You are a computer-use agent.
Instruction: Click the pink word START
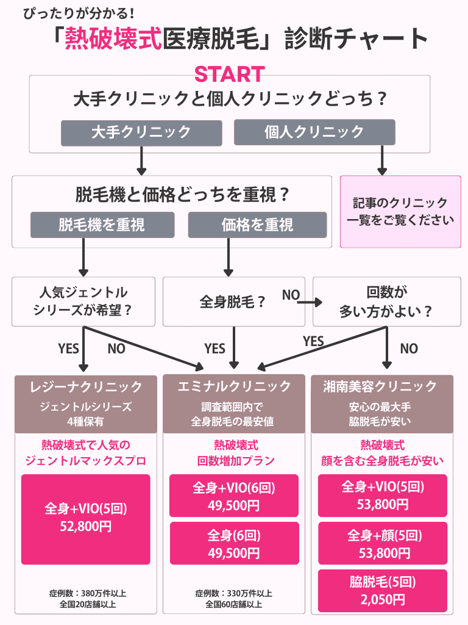(x=229, y=74)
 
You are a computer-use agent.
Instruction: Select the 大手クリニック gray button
(x=141, y=132)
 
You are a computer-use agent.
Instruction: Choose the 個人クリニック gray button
(x=314, y=132)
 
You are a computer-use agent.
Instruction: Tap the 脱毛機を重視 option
(x=102, y=225)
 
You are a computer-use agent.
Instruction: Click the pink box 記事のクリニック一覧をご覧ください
(x=400, y=212)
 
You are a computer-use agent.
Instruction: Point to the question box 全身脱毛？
(x=233, y=302)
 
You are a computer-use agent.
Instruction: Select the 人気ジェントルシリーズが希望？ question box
(x=83, y=302)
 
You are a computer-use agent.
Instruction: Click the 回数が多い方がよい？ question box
(x=386, y=302)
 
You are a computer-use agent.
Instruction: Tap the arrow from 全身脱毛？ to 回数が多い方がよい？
(x=310, y=302)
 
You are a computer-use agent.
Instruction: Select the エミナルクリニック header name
(x=234, y=386)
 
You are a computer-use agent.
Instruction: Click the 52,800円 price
(x=86, y=527)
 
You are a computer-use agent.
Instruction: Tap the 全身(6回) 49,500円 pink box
(x=234, y=543)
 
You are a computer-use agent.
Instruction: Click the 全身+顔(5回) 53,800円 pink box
(x=383, y=543)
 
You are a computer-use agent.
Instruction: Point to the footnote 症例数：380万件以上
(x=88, y=593)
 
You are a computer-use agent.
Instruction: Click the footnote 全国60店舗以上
(x=234, y=604)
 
